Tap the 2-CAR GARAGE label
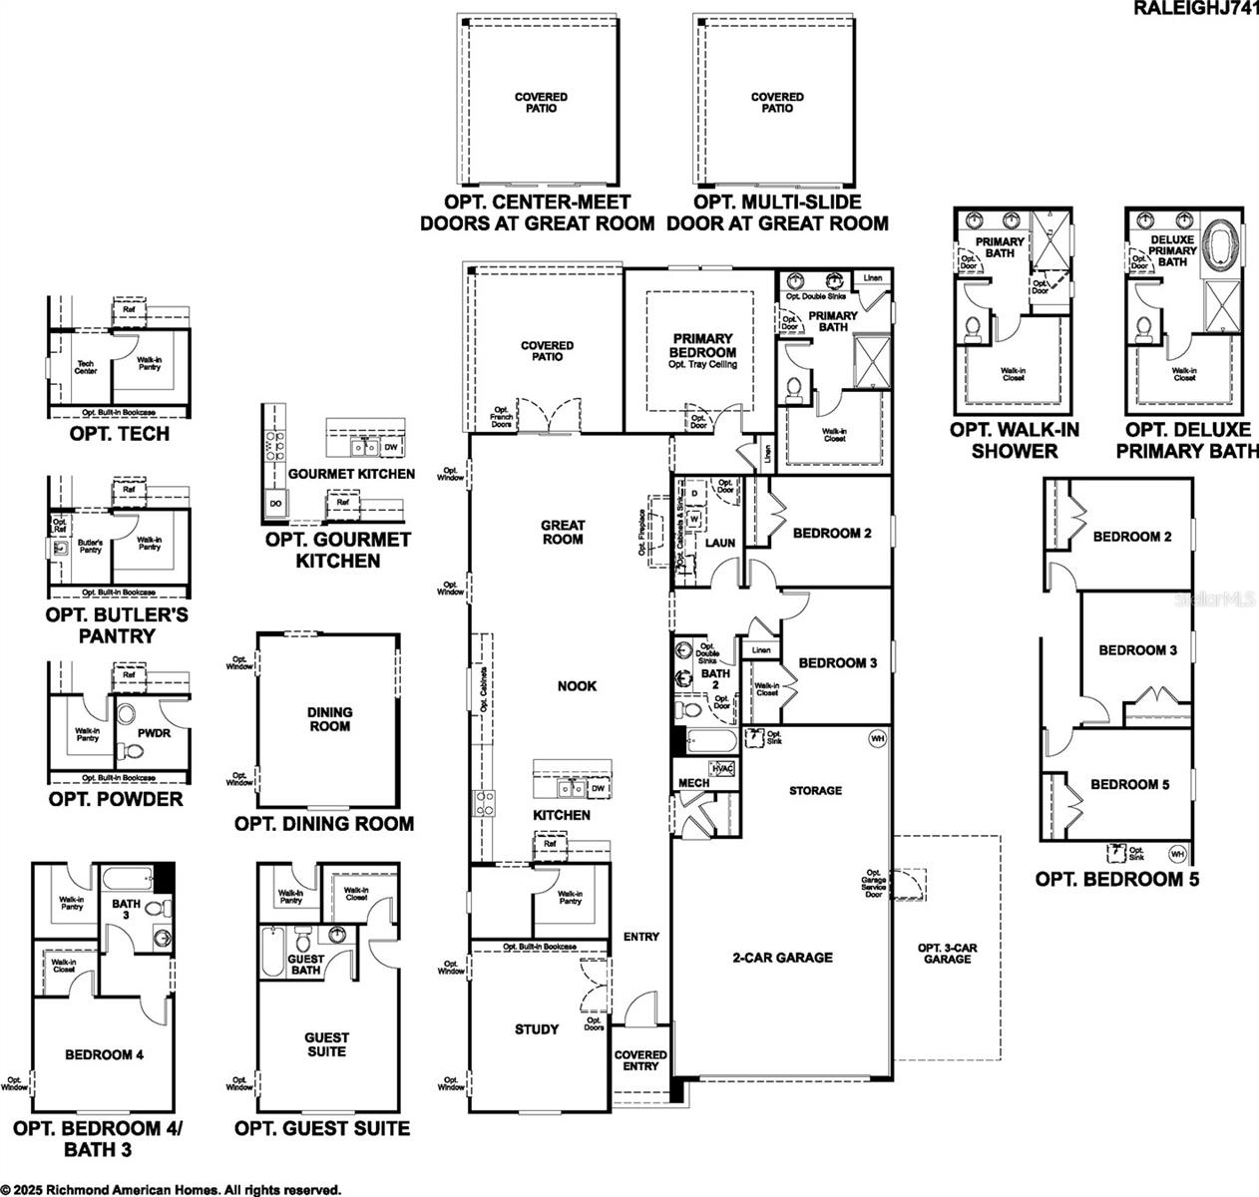(782, 958)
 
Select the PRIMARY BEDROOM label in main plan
(702, 346)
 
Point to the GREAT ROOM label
(562, 532)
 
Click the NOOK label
(577, 686)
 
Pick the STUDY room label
(537, 1029)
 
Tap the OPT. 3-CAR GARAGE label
(947, 953)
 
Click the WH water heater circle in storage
(877, 739)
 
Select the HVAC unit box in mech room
(721, 768)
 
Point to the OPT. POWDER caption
(116, 799)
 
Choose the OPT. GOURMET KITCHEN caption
(337, 550)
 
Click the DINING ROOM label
(329, 719)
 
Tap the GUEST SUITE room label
(326, 1044)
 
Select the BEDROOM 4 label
(105, 1054)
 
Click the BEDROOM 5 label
(1129, 784)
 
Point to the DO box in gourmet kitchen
(275, 505)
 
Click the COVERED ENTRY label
(639, 1060)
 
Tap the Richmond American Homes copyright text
(171, 1189)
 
